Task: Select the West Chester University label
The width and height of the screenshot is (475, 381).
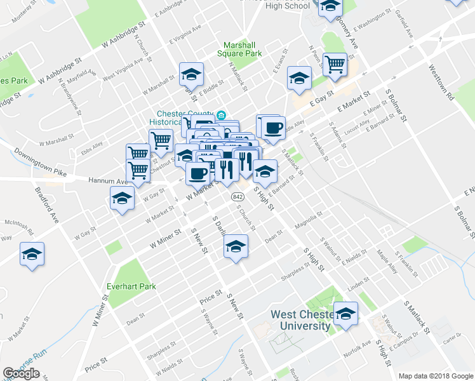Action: point(300,320)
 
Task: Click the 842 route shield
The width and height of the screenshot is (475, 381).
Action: point(236,196)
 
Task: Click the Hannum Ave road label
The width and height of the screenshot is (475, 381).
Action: point(104,182)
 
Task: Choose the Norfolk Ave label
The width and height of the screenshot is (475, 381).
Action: point(358,346)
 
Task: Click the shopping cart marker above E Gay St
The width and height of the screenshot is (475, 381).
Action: point(335,63)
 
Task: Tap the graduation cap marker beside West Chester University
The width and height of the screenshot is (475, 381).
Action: point(346,314)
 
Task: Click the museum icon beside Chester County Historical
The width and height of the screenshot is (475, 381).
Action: point(220,115)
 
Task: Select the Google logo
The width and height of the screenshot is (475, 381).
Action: point(21,373)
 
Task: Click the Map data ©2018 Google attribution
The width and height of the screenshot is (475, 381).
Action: point(436,376)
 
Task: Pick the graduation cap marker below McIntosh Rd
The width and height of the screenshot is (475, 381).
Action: point(32,255)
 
